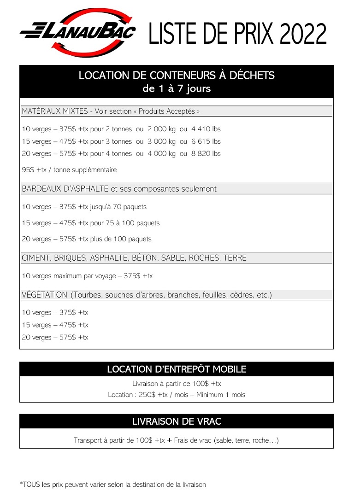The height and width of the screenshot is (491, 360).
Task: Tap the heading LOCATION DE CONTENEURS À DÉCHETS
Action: [176, 75]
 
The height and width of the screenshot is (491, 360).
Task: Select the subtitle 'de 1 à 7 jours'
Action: [176, 88]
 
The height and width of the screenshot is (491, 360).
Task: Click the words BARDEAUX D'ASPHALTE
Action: [65, 189]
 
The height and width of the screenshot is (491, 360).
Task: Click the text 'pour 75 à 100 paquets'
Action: [125, 223]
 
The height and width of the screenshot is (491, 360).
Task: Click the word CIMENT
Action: [35, 258]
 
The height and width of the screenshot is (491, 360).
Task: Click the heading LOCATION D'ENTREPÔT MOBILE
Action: [176, 369]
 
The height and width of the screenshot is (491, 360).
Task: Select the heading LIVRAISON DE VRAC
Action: [176, 421]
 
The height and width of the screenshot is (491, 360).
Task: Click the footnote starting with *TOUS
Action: [112, 485]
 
